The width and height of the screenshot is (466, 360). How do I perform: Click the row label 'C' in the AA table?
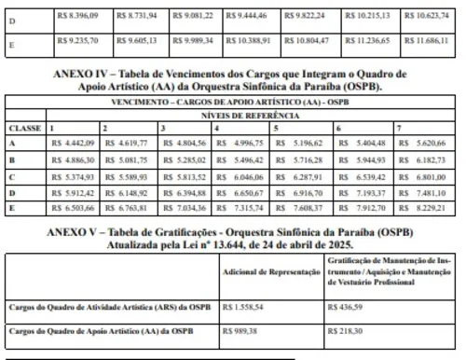(x=10, y=175)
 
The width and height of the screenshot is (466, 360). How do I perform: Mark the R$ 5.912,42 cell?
(x=72, y=192)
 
